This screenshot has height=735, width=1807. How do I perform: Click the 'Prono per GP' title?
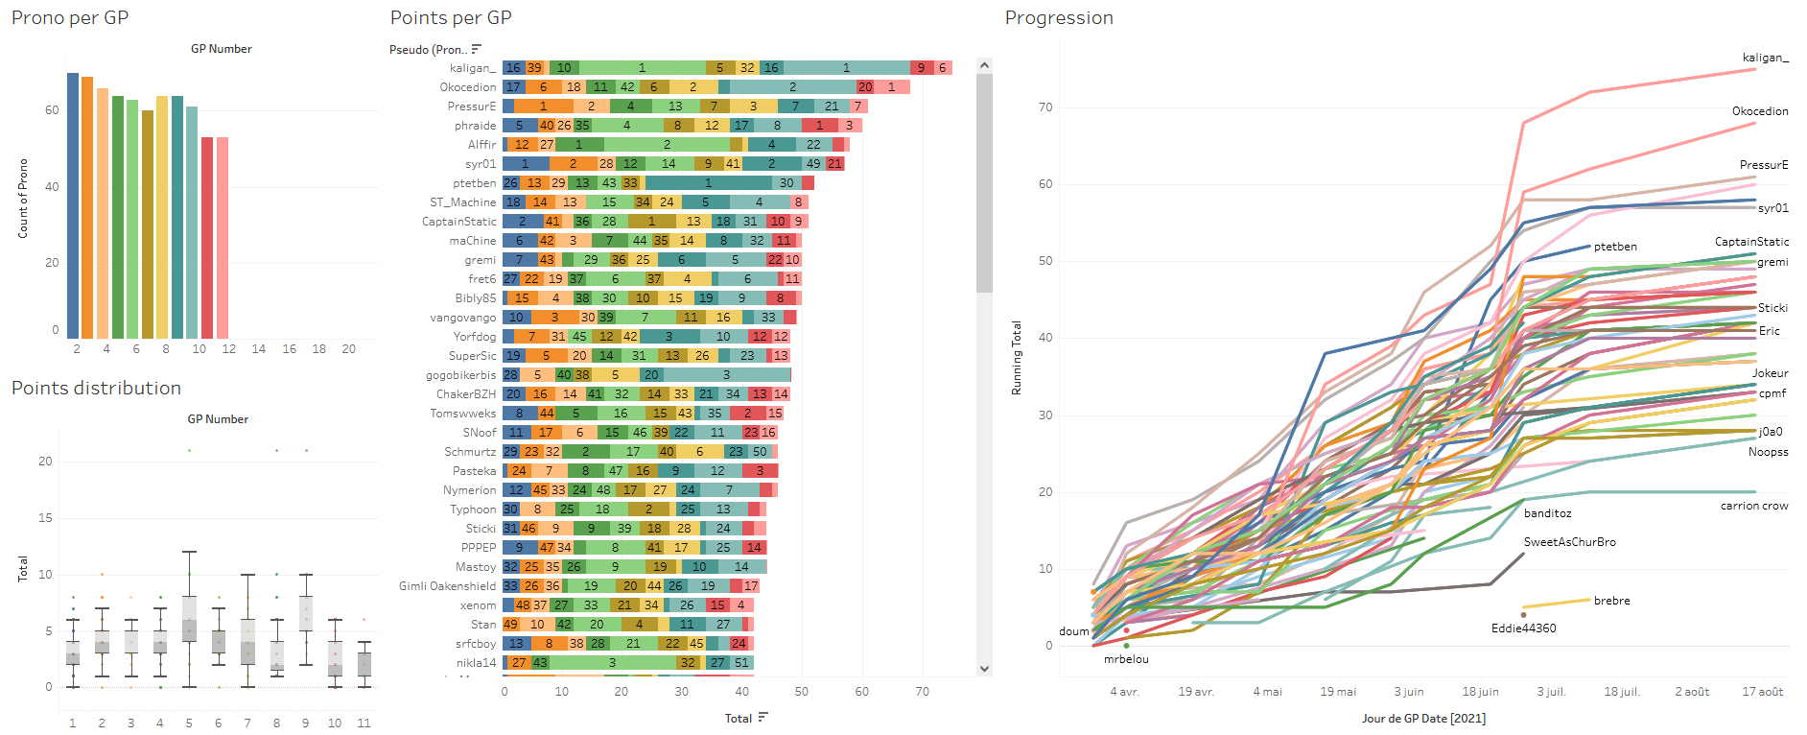[x=70, y=18]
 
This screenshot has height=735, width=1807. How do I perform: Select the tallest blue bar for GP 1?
[x=73, y=205]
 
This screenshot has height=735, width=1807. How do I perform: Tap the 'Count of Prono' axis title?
[x=23, y=199]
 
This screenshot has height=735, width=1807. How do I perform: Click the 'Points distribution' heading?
[x=96, y=389]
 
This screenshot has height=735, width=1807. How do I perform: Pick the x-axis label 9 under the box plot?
[x=306, y=723]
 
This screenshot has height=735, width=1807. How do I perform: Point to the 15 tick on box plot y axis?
[x=45, y=518]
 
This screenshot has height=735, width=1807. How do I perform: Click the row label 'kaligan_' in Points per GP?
[x=473, y=68]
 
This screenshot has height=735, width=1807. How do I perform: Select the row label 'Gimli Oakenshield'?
[x=448, y=586]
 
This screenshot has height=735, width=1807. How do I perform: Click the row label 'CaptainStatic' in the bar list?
[x=459, y=222]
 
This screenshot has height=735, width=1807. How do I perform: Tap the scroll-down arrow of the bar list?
[x=984, y=669]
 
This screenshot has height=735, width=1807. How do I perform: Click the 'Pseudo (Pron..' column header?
[x=428, y=50]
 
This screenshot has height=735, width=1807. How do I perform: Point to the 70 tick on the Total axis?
[x=922, y=692]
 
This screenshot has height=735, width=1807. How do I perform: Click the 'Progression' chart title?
[x=1059, y=18]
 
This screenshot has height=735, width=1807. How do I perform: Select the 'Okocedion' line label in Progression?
[x=1760, y=111]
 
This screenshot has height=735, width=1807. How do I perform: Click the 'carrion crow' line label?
[x=1754, y=506]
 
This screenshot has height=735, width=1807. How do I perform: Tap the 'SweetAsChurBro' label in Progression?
[x=1570, y=542]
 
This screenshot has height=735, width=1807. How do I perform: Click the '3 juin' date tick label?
[x=1409, y=692]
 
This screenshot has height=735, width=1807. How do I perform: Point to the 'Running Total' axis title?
[x=1017, y=358]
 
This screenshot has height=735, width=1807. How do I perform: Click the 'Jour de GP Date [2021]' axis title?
[x=1423, y=719]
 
